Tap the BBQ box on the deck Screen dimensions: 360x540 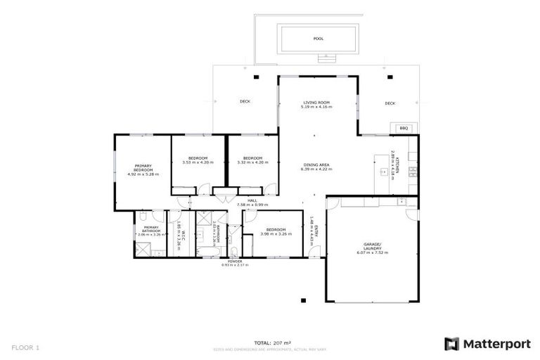click(404, 128)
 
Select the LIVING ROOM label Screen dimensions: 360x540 click(315, 103)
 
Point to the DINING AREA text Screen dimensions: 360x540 click(315, 165)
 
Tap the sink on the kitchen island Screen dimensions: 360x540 click(383, 171)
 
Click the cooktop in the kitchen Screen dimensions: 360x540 click(413, 170)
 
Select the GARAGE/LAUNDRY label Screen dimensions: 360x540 click(372, 247)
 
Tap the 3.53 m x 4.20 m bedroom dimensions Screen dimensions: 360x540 click(198, 162)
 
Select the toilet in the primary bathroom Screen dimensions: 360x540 click(142, 217)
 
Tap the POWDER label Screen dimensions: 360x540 click(235, 261)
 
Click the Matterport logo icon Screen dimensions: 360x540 click(452, 344)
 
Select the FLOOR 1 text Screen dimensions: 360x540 click(26, 347)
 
